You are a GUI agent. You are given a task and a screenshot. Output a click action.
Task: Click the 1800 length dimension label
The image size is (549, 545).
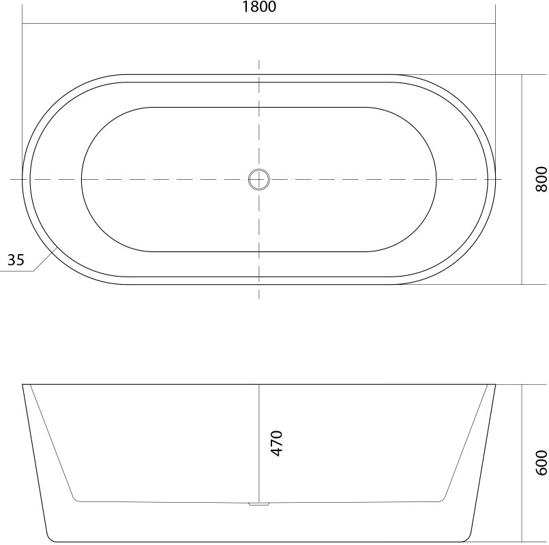coord(259,7)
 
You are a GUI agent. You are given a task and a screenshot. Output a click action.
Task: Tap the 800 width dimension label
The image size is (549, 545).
coord(541,179)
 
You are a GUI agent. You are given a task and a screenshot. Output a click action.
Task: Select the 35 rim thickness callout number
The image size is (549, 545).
coord(16,260)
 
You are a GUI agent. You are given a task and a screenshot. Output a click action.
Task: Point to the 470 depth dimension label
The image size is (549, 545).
coord(277,443)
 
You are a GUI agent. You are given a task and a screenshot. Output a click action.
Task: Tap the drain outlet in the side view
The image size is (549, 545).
coord(258,504)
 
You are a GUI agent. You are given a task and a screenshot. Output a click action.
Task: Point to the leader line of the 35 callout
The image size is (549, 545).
coord(46,259)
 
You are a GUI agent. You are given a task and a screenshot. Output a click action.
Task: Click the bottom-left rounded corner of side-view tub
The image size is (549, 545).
coord(49,538)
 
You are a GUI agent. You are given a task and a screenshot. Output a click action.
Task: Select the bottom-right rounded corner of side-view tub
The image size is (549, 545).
coord(469,538)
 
